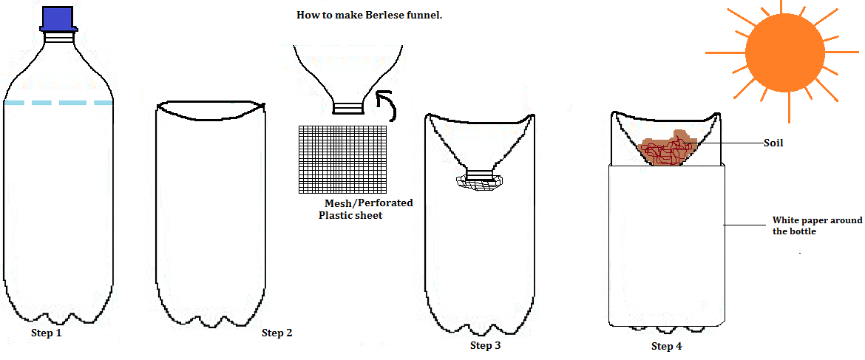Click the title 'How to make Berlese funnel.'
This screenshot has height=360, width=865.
(x=369, y=15)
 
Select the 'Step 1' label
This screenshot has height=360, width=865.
(x=46, y=333)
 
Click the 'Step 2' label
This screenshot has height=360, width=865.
(x=277, y=333)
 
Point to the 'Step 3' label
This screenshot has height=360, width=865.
(x=485, y=345)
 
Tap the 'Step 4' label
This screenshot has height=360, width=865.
(x=666, y=346)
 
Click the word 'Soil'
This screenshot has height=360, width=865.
(x=773, y=143)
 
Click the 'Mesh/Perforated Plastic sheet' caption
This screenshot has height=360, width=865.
(x=365, y=208)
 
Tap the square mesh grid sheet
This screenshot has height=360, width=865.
(x=343, y=159)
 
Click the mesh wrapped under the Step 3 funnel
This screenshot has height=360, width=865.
(x=479, y=182)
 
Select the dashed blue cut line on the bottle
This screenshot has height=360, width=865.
(x=58, y=103)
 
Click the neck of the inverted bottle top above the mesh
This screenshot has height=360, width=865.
(x=347, y=108)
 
